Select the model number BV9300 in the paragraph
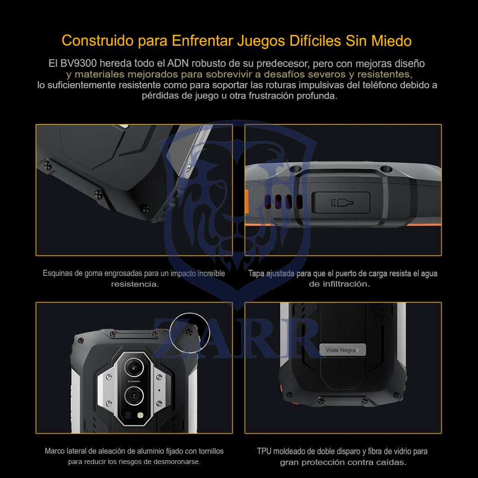coord(78,63)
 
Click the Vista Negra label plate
coord(342,350)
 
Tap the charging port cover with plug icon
coord(342,203)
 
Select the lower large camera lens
coord(134,396)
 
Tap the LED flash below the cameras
coord(140,415)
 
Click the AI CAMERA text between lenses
coord(134,381)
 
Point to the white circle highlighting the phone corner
coord(190,313)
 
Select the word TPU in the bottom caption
coord(264,451)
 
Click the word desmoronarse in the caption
coord(177,462)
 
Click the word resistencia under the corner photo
coord(135,284)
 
